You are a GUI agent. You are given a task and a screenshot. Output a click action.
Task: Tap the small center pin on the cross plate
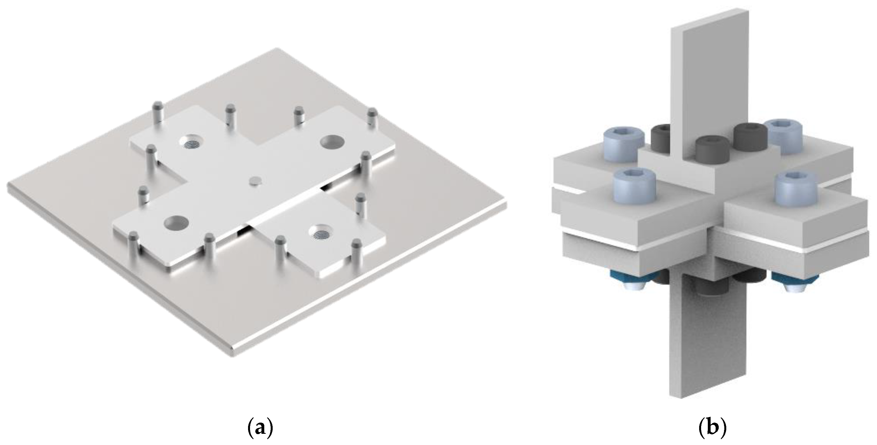pos(254,181)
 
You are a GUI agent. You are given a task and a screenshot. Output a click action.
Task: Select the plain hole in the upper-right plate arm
pos(332,141)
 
